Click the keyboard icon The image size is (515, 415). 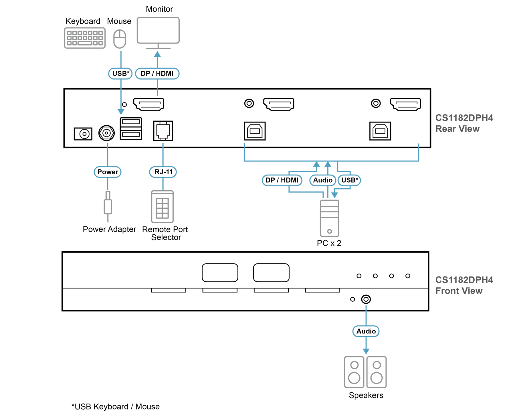[85, 38]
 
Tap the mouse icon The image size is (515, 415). [120, 39]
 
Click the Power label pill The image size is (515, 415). [108, 172]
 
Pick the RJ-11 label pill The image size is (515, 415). [163, 172]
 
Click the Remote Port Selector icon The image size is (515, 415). [163, 207]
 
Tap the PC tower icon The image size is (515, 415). [330, 218]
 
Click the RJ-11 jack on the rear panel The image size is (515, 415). [163, 131]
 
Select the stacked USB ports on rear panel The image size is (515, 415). [131, 129]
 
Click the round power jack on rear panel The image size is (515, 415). [106, 133]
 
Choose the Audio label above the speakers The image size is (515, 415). [366, 331]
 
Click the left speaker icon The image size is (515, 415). [354, 372]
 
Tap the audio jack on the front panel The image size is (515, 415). [366, 299]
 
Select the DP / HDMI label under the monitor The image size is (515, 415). [157, 74]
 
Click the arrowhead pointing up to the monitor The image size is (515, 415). [157, 54]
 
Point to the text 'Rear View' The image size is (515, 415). [457, 129]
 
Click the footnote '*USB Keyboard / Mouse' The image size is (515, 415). [116, 407]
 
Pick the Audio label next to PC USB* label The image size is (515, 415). [323, 180]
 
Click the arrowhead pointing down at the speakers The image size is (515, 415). [366, 351]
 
